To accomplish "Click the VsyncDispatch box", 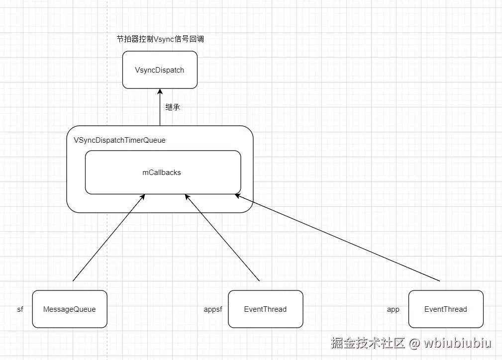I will click(160, 70).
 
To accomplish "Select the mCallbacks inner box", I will click(163, 173).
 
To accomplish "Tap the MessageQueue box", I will click(69, 309).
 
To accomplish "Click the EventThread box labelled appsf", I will click(265, 309).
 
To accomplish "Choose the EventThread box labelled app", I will click(445, 309).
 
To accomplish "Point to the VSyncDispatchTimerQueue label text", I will click(119, 140).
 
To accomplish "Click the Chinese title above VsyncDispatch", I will click(160, 39).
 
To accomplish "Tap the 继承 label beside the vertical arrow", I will click(173, 107).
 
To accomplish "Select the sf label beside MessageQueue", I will click(20, 309).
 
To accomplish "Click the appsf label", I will click(213, 309).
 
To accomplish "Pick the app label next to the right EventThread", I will click(393, 309).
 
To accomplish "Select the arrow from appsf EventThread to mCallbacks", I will click(222, 238).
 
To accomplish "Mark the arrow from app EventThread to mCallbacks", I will click(338, 238).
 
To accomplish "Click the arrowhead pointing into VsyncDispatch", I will click(160, 91).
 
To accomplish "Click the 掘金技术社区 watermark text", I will click(368, 343).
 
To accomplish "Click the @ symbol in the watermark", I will click(414, 343).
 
